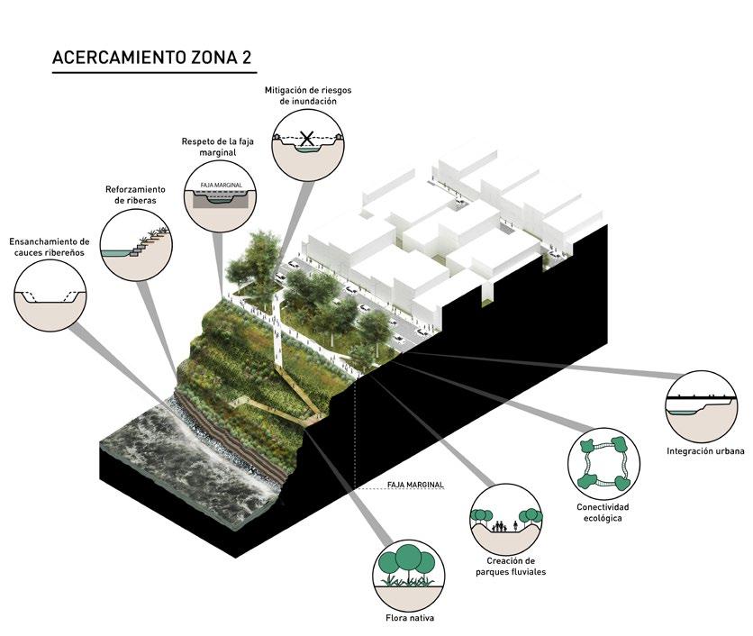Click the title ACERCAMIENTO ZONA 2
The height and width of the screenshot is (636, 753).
pyautogui.click(x=151, y=57)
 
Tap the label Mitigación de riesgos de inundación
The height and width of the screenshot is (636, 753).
pyautogui.click(x=308, y=95)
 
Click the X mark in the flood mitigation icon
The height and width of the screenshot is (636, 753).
pyautogui.click(x=307, y=139)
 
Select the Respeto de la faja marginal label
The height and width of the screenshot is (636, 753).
pyautogui.click(x=218, y=147)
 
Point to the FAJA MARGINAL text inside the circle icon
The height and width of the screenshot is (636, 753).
pyautogui.click(x=221, y=185)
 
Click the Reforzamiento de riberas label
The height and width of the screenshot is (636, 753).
pyautogui.click(x=135, y=195)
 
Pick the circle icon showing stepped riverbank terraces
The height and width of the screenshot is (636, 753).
pyautogui.click(x=137, y=245)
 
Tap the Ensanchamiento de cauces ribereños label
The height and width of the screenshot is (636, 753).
pyautogui.click(x=50, y=247)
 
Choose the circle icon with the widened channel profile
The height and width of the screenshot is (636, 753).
pyautogui.click(x=50, y=295)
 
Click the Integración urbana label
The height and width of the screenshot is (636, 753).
pyautogui.click(x=705, y=451)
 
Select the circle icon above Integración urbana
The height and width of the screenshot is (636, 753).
pyautogui.click(x=701, y=406)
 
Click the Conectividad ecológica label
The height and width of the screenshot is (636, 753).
pyautogui.click(x=603, y=513)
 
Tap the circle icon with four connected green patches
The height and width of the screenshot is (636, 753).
pyautogui.click(x=603, y=464)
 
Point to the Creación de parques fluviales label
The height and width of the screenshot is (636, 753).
pyautogui.click(x=511, y=567)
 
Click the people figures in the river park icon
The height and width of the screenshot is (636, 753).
pyautogui.click(x=504, y=526)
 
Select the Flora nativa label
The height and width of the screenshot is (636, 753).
pyautogui.click(x=410, y=618)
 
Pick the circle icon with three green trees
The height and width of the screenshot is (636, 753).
pyautogui.click(x=410, y=575)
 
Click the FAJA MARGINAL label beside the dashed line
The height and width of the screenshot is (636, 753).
pyautogui.click(x=415, y=485)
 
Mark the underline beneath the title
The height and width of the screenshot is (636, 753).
pyautogui.click(x=154, y=73)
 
